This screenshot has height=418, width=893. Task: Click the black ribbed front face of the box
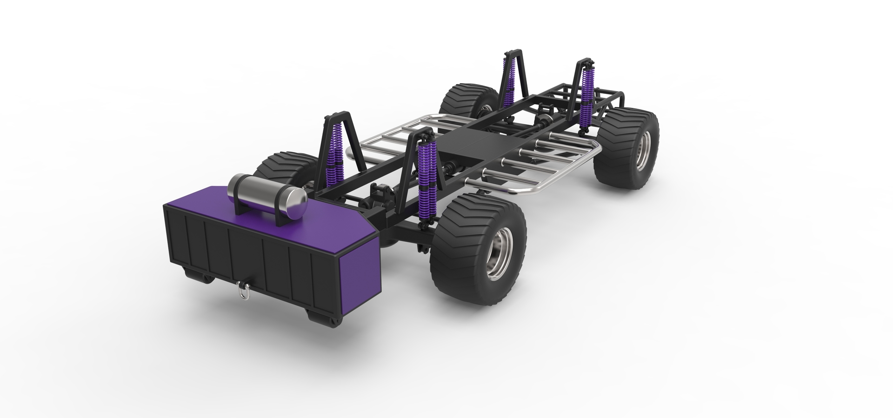242,258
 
